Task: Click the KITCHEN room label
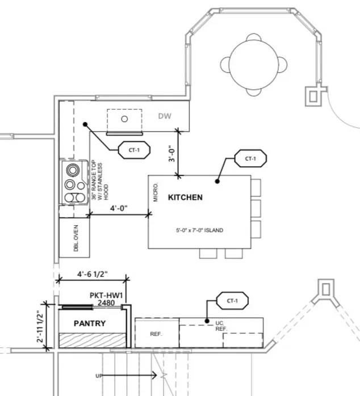[185, 197]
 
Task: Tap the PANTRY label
[90, 323]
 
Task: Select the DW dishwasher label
[165, 116]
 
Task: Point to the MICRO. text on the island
[156, 192]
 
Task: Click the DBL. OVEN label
[76, 238]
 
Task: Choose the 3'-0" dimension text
[172, 153]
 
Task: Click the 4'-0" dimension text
[119, 208]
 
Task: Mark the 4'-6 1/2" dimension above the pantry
[93, 274]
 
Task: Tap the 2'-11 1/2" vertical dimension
[40, 326]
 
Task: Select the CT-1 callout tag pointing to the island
[250, 159]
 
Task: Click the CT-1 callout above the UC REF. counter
[232, 301]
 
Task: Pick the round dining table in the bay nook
[254, 65]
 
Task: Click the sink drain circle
[124, 119]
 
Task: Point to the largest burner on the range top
[73, 170]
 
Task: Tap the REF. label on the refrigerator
[156, 334]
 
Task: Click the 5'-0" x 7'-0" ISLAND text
[200, 230]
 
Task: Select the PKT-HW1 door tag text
[106, 295]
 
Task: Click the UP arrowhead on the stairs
[154, 376]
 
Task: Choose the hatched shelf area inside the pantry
[93, 340]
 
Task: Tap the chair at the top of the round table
[254, 37]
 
